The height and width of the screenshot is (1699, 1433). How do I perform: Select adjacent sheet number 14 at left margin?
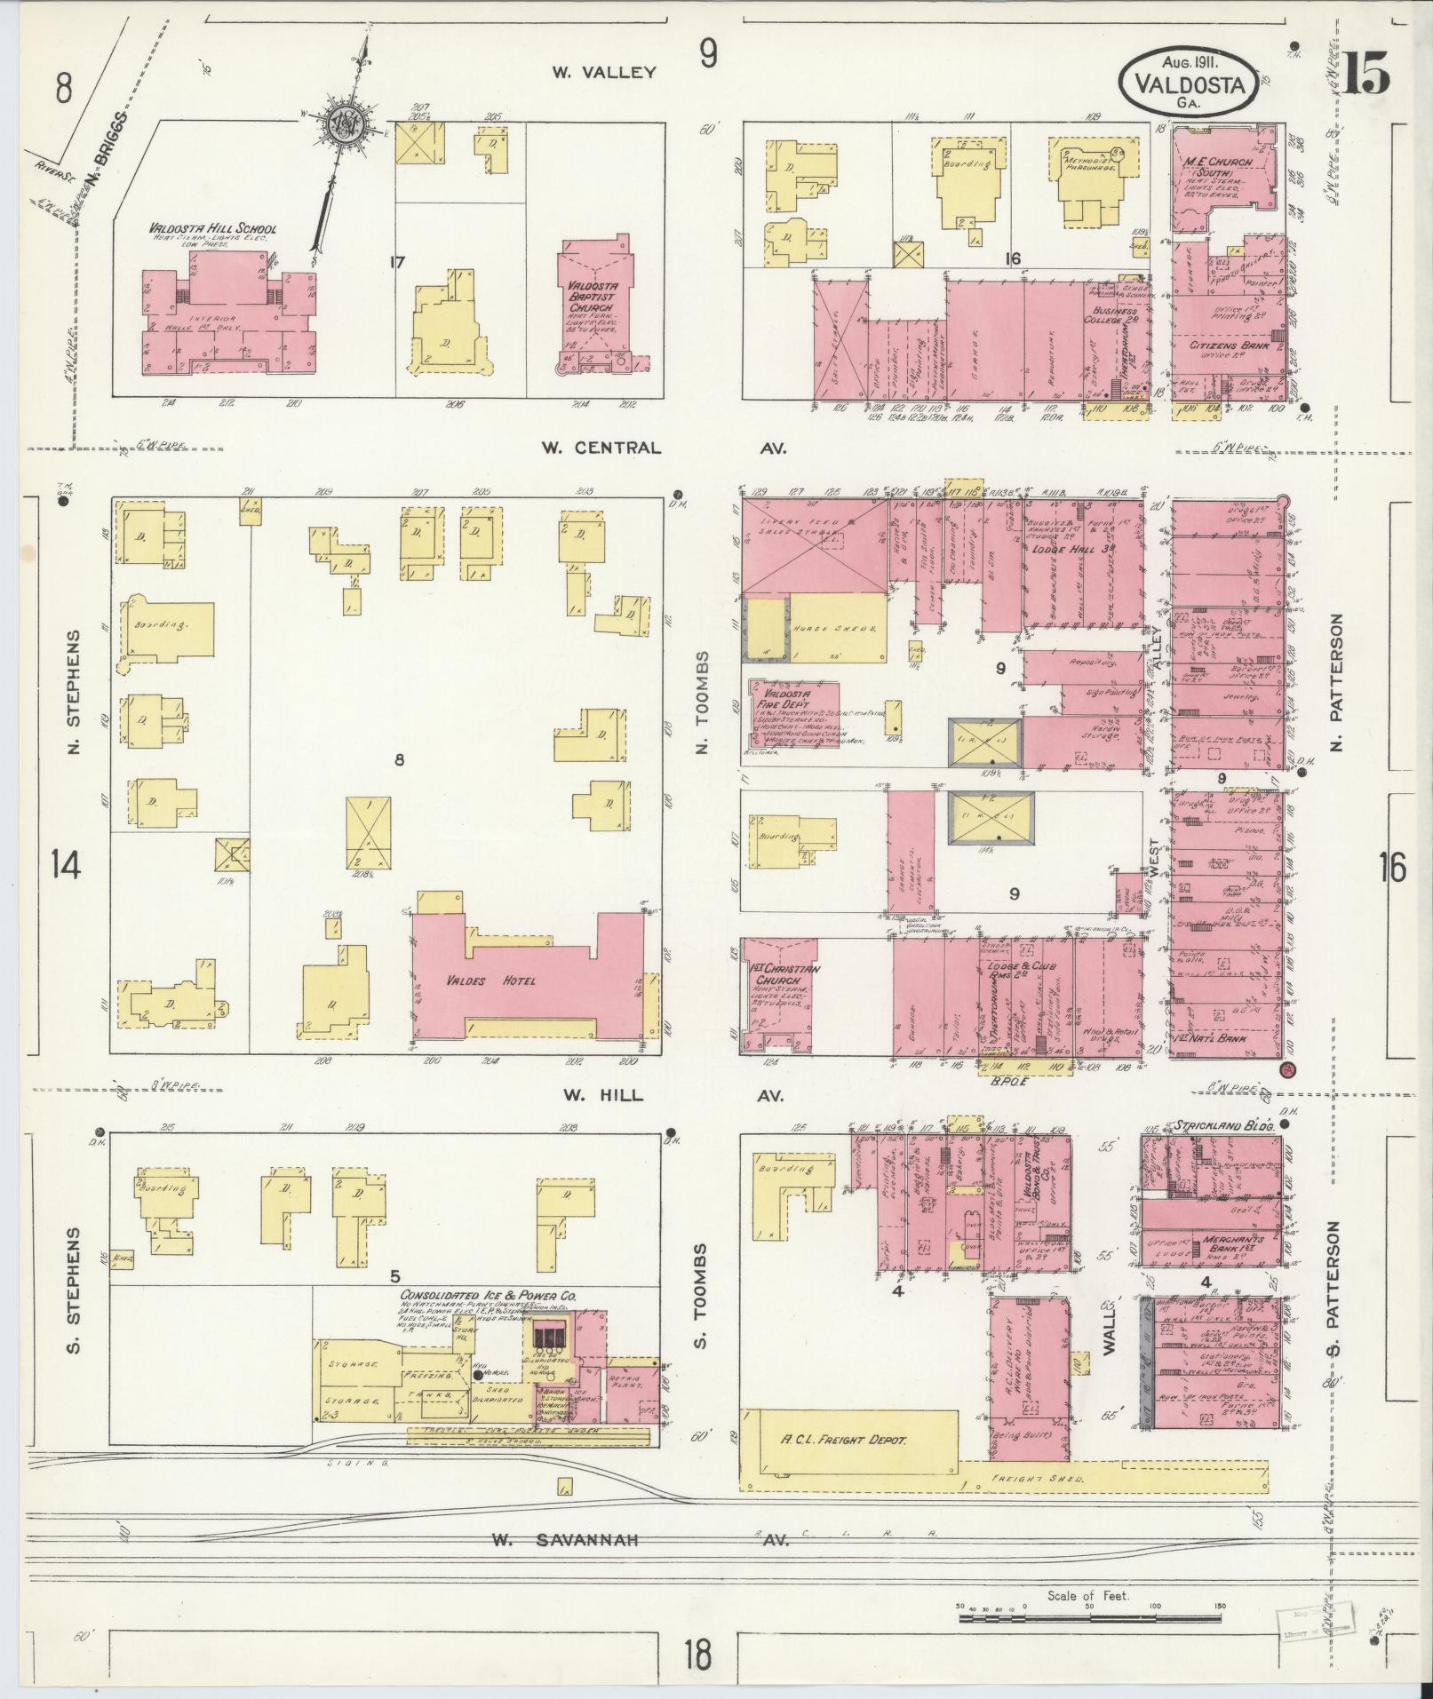(66, 863)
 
